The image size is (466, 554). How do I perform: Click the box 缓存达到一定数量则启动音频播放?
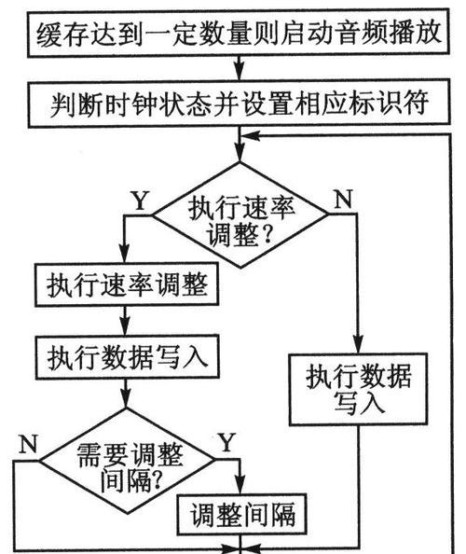pyautogui.click(x=239, y=33)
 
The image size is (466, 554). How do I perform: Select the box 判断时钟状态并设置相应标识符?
pyautogui.click(x=239, y=103)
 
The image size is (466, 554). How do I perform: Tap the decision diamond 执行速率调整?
pyautogui.click(x=240, y=215)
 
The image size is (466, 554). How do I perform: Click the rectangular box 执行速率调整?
pyautogui.click(x=127, y=284)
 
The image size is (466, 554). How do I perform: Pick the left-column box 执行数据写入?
pyautogui.click(x=127, y=357)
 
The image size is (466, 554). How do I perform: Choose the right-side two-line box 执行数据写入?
pyautogui.click(x=358, y=389)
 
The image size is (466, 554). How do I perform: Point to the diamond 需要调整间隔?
pyautogui.click(x=127, y=461)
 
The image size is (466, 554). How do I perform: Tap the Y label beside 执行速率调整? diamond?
pyautogui.click(x=140, y=201)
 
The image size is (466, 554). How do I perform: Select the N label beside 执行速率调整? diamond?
pyautogui.click(x=344, y=199)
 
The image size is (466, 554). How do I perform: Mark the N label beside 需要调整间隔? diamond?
pyautogui.click(x=28, y=443)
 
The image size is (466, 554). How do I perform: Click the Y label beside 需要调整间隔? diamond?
pyautogui.click(x=226, y=442)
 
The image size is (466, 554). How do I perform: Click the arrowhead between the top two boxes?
pyautogui.click(x=240, y=72)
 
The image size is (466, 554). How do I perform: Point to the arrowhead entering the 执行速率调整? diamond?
pyautogui.click(x=240, y=153)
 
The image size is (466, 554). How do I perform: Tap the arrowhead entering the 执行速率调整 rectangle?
pyautogui.click(x=124, y=255)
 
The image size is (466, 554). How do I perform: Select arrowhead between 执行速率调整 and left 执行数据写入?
pyautogui.click(x=125, y=327)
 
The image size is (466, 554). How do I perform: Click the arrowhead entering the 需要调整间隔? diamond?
pyautogui.click(x=126, y=399)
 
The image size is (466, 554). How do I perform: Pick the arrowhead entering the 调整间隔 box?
pyautogui.click(x=240, y=486)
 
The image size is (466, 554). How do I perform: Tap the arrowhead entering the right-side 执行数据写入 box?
pyautogui.click(x=358, y=345)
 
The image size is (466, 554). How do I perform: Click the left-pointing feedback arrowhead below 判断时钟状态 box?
pyautogui.click(x=251, y=135)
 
